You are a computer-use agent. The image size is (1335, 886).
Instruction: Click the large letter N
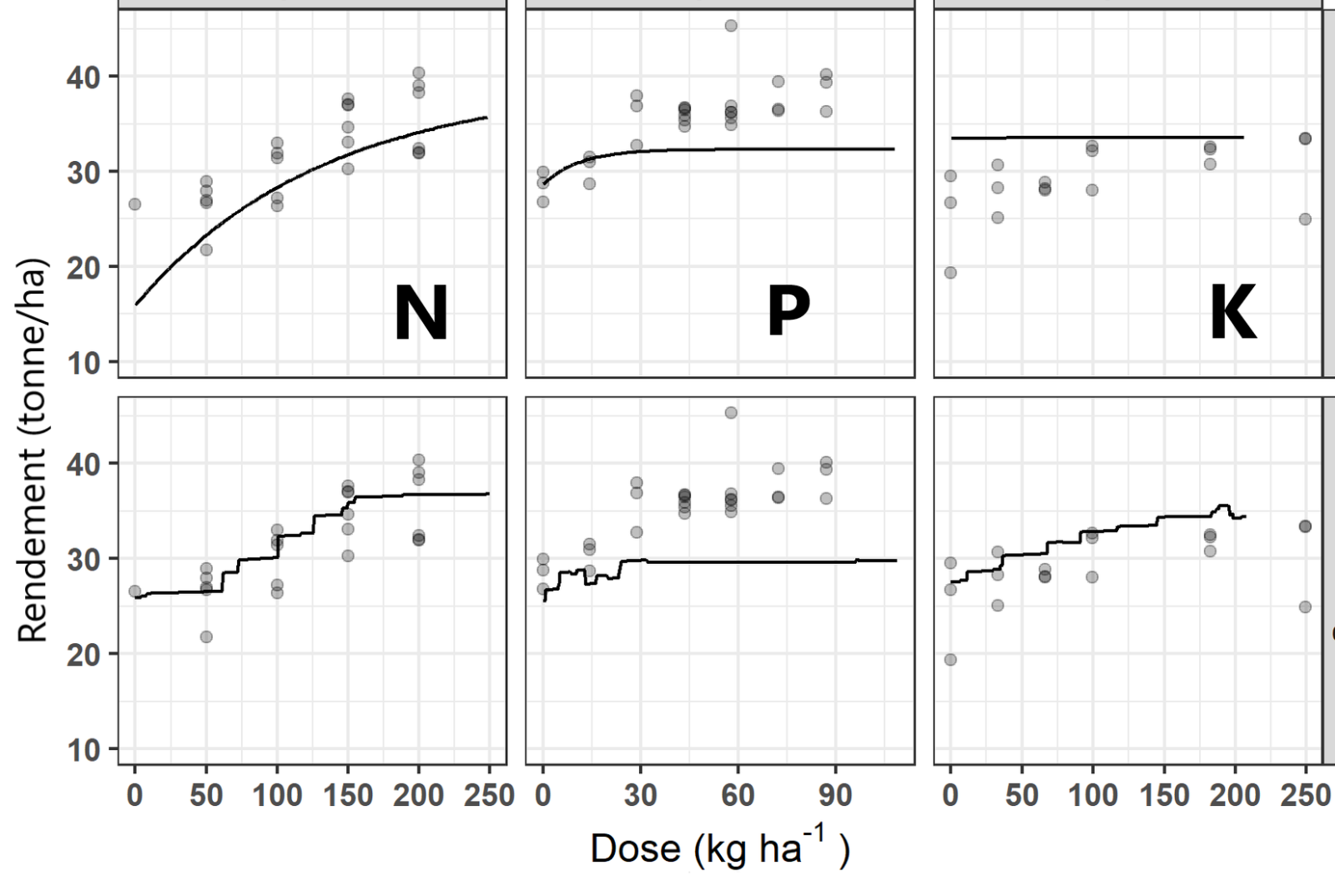coord(421,314)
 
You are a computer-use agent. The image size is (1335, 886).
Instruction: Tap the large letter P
coord(788,311)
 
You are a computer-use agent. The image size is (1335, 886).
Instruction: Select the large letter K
coord(1232,314)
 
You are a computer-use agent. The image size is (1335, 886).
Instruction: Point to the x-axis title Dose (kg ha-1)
coord(719,848)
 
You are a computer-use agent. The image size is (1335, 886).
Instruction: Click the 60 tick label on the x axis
coord(738,796)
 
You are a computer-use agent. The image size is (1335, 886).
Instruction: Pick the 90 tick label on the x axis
coord(834,796)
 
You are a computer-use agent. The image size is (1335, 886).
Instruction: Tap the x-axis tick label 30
coord(640,796)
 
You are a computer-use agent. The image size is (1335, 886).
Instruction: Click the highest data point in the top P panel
coord(731,26)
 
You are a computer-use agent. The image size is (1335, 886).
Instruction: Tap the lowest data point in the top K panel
coord(950,273)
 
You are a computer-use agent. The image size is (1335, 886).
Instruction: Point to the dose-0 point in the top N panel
coord(134,204)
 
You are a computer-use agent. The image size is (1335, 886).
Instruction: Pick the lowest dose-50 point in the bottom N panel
coord(206,637)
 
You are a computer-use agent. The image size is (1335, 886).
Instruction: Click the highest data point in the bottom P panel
coord(731,413)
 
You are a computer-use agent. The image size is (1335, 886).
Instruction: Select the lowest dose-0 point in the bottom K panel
coord(950,660)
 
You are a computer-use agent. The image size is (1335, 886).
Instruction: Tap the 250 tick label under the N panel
coord(489,796)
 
